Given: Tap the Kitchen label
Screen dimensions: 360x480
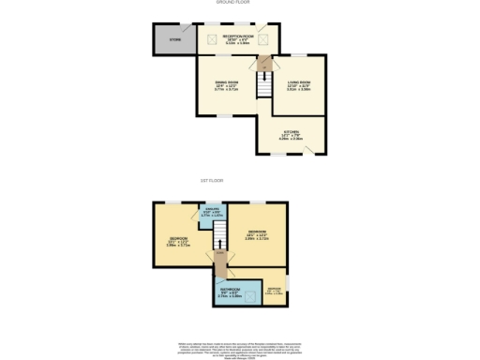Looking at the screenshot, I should pos(292,134).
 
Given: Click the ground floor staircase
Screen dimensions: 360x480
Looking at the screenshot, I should pos(266,84).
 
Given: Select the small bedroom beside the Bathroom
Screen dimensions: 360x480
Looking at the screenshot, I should pos(275,291).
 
